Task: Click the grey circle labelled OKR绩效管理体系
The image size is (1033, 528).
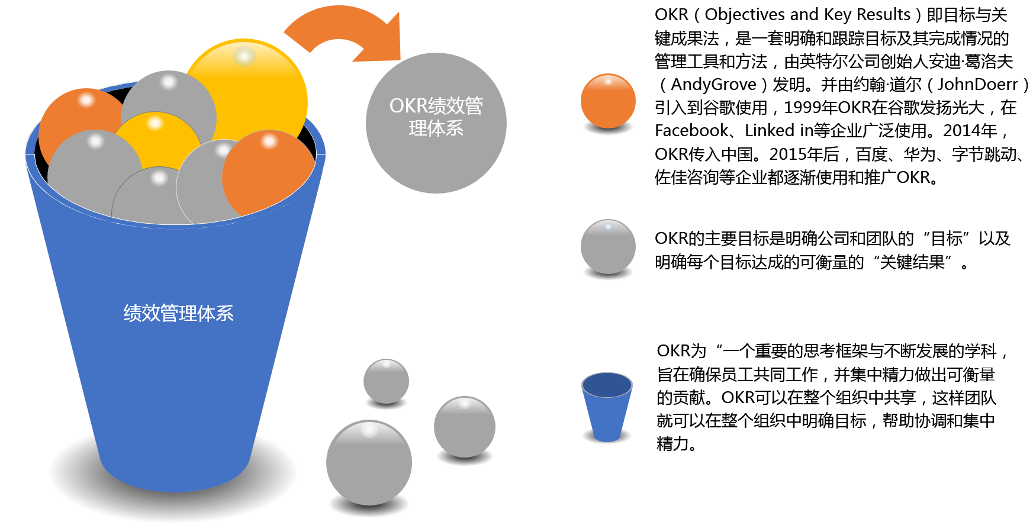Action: click(436, 123)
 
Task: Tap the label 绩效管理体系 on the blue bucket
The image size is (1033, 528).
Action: click(178, 313)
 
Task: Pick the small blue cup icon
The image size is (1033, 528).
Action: click(607, 407)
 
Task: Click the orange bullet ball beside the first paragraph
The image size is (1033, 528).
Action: click(608, 101)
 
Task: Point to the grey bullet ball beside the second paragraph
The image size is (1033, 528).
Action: click(608, 247)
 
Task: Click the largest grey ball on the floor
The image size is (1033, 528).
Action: click(369, 463)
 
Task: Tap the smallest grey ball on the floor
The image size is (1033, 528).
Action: click(386, 381)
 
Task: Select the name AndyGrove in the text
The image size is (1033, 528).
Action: click(714, 84)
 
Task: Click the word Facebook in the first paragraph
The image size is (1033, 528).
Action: click(691, 130)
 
